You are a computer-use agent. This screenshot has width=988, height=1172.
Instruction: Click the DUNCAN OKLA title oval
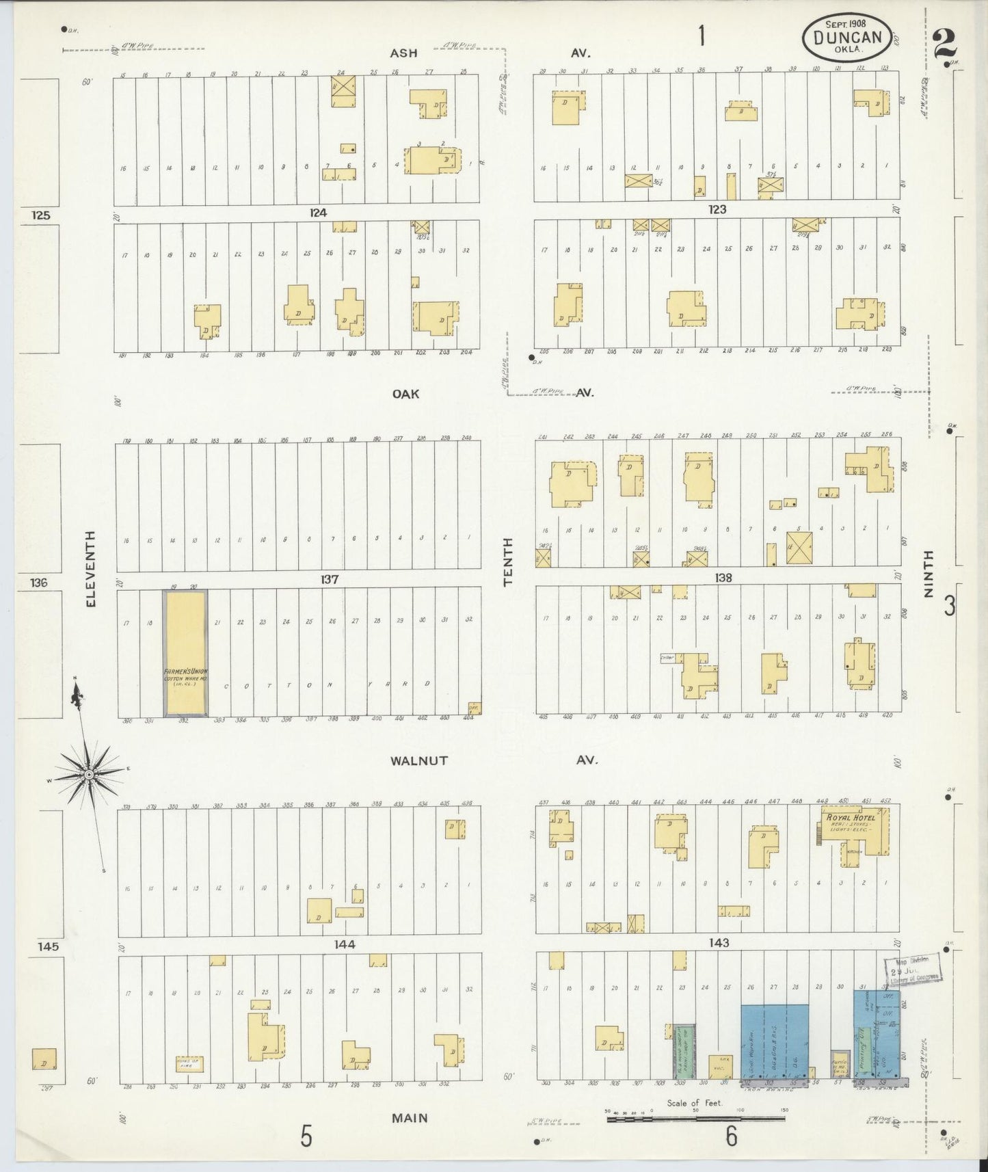848,38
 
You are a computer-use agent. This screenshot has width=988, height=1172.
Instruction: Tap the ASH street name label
403,53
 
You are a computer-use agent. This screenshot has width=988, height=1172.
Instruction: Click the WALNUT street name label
419,760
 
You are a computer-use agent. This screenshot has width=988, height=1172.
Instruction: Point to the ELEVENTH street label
92,569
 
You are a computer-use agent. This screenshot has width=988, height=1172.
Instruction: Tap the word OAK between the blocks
405,394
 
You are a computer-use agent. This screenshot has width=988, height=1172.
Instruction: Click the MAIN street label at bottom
410,1118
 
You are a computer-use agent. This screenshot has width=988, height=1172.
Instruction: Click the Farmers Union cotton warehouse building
185,653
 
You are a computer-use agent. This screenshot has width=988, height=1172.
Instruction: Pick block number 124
318,213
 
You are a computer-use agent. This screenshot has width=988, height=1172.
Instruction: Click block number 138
723,578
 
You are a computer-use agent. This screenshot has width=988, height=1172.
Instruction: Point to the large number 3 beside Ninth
950,606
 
